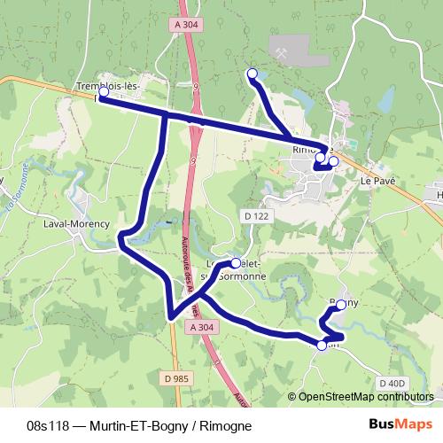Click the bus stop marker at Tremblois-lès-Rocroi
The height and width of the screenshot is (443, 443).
point(104,91)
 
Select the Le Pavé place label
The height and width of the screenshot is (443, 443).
point(377,180)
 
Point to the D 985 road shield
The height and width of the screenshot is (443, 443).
point(176,378)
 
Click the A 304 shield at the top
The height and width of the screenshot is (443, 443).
point(186,26)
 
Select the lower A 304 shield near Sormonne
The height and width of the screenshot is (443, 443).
point(201,328)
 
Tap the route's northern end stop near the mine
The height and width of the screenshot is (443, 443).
point(253,74)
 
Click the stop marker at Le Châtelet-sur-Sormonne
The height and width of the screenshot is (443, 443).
point(236,262)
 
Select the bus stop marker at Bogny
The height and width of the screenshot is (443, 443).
point(341,305)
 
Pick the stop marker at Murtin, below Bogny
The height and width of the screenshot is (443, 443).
point(322,346)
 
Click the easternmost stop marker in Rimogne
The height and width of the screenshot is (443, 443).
point(333,161)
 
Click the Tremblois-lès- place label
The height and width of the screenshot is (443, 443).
point(114,86)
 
